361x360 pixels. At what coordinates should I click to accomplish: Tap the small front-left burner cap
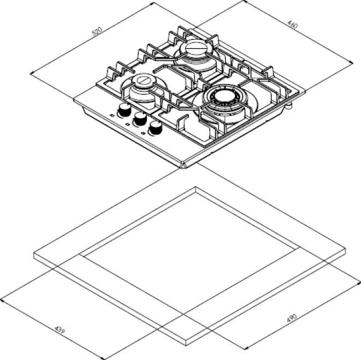143,82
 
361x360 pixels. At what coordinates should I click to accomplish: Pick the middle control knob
140,119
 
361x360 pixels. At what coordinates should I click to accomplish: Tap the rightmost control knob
156,129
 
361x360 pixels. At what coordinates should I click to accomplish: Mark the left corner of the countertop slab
34,253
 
